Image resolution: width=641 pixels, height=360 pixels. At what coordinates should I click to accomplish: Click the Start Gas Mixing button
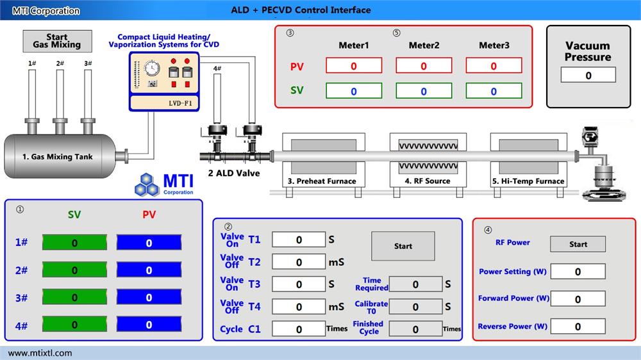[57, 41]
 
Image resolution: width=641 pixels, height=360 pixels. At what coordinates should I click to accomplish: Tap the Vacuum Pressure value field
[588, 76]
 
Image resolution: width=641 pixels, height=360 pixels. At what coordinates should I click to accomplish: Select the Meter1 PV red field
[354, 66]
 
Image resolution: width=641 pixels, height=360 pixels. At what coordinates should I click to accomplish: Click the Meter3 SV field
[493, 91]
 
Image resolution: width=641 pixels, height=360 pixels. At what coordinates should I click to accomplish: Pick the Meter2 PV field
[423, 66]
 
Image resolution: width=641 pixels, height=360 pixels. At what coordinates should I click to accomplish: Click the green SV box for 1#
[75, 243]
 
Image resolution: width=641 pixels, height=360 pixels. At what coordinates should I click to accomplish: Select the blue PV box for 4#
[149, 325]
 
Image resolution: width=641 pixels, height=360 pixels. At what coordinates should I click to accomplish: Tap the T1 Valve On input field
[299, 240]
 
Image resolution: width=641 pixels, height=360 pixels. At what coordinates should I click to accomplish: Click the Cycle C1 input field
[299, 329]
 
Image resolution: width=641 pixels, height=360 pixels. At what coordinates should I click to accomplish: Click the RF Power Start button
[578, 244]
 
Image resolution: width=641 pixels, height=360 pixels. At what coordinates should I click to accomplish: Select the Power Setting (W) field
[578, 272]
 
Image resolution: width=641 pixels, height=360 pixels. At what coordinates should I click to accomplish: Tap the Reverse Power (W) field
[578, 327]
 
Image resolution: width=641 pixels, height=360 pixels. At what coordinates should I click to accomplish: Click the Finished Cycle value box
[415, 329]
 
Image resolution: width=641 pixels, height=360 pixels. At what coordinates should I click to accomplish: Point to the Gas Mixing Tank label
[62, 156]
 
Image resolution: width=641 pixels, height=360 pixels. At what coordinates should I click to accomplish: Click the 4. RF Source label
[427, 181]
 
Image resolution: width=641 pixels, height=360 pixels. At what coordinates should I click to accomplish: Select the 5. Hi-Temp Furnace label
[528, 181]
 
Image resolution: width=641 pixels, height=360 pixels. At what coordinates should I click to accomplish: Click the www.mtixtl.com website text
[40, 353]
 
